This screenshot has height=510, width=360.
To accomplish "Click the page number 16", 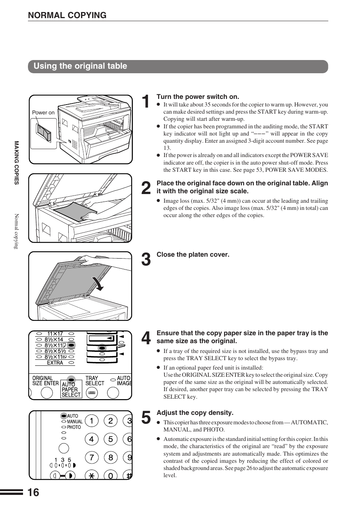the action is point(33,492).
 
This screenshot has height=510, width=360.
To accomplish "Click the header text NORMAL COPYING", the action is point(67,15).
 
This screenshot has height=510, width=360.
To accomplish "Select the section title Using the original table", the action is point(80,66).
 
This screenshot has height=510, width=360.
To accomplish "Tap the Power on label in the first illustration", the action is point(43,112).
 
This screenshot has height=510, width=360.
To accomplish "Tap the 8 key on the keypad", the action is point(111,458).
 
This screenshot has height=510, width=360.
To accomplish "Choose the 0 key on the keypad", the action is point(111,476).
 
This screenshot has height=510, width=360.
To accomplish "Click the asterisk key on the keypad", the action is point(91,476).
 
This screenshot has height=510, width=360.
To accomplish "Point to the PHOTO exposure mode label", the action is point(74,427).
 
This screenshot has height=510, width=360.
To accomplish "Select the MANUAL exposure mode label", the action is point(75,422).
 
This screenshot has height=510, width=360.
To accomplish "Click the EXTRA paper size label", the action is point(55,363).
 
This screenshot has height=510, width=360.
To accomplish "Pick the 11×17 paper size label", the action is point(55,334).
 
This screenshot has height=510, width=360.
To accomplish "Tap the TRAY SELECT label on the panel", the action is point(94,381).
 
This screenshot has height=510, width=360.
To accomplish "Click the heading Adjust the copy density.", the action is point(195,413).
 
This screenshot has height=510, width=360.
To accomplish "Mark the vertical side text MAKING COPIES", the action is point(17,163).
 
